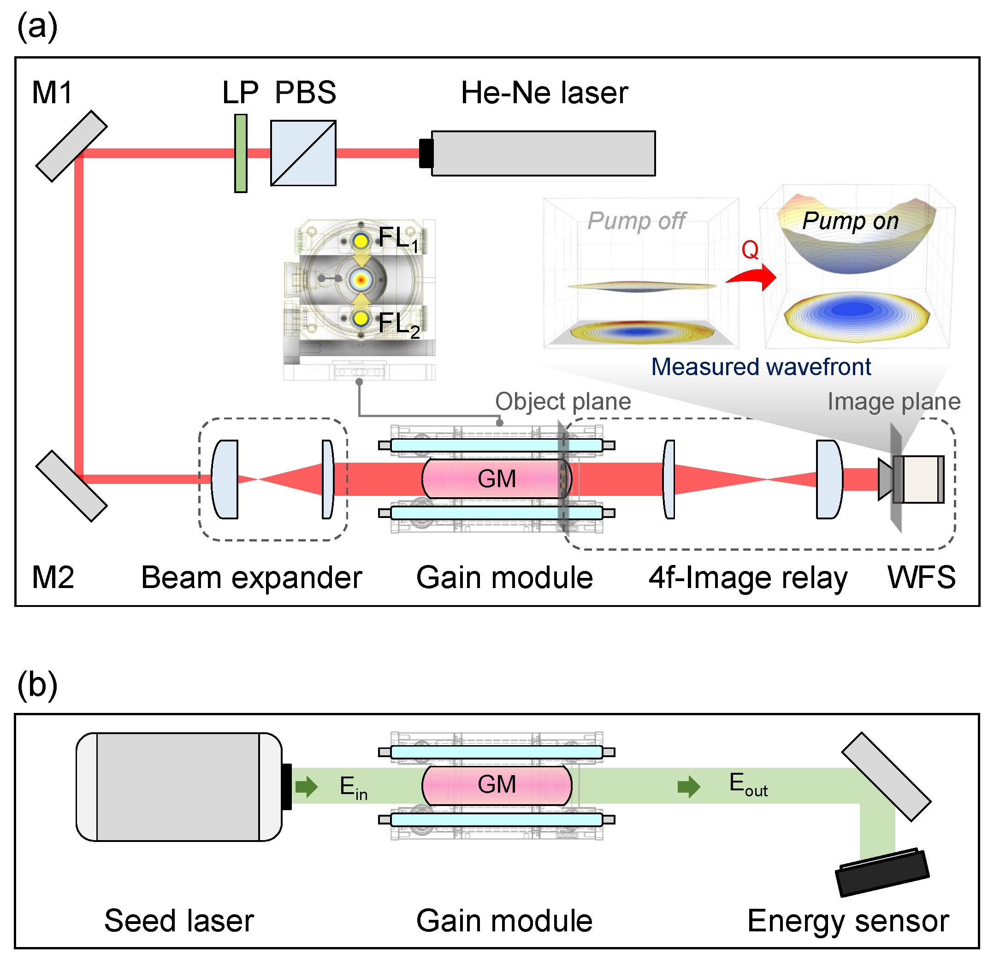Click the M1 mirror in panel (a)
[71, 146]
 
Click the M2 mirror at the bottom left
[71, 486]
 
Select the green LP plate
[241, 153]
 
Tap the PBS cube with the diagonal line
[303, 153]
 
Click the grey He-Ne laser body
[543, 153]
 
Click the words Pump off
[636, 221]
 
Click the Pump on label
[851, 221]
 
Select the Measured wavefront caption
[761, 366]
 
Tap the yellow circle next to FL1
[361, 241]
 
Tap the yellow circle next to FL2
[361, 319]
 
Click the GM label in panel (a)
[497, 479]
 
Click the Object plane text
[563, 401]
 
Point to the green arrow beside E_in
[306, 787]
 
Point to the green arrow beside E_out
[689, 787]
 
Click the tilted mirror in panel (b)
[886, 777]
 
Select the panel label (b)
[37, 684]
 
